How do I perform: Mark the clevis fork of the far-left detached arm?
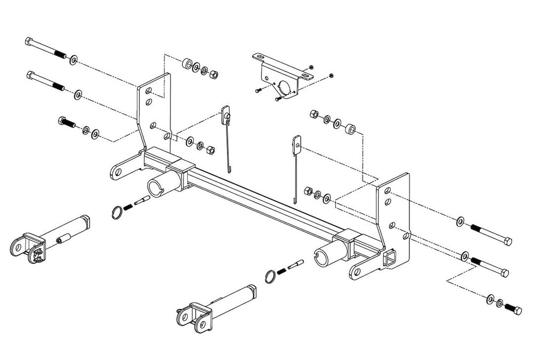23,246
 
